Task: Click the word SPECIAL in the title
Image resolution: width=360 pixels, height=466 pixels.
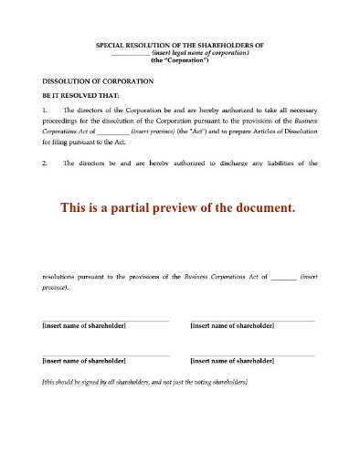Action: (111, 46)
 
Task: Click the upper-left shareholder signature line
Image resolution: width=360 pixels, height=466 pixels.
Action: (105, 320)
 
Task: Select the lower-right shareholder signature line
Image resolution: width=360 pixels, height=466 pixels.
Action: (252, 355)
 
